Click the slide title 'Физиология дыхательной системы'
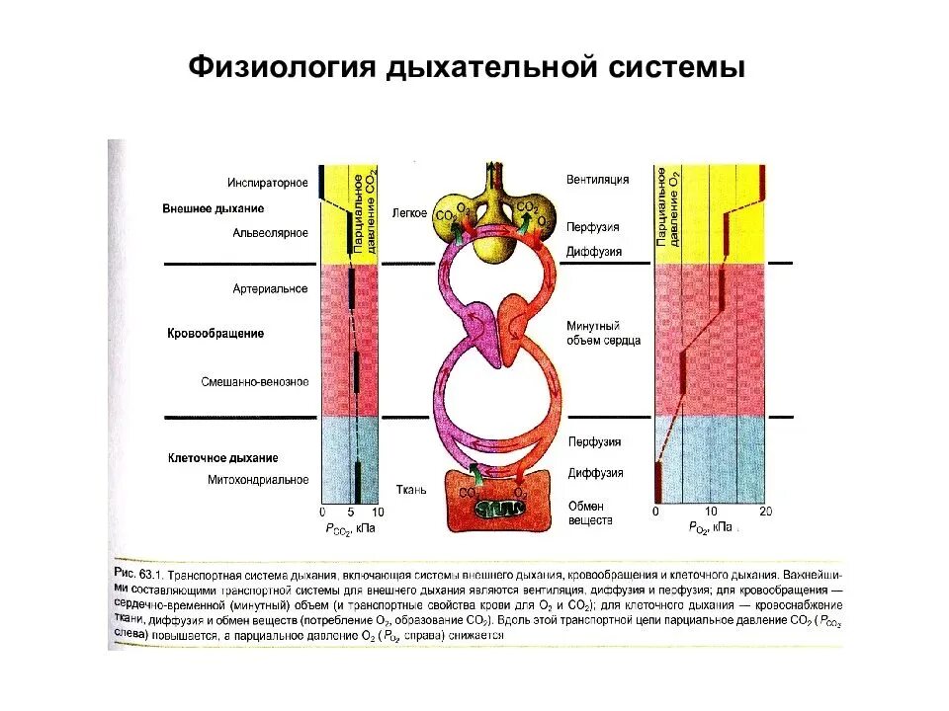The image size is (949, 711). point(465,69)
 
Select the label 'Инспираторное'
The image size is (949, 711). point(267,182)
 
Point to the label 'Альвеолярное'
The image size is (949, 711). point(271,233)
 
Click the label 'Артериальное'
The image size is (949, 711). point(271,288)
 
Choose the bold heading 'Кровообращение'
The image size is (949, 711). point(215,334)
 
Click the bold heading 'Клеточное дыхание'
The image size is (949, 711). point(221,458)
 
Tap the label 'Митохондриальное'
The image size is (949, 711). point(258,480)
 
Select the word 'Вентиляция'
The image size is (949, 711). point(597,180)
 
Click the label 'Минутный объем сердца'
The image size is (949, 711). point(603,333)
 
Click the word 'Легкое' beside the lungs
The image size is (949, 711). point(407,213)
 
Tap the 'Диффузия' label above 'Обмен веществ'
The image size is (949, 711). point(594,473)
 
